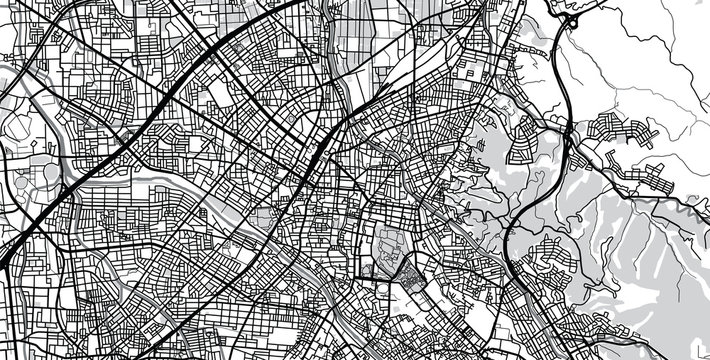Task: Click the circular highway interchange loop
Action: click(x=573, y=17)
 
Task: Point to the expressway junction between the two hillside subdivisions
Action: click(x=569, y=135)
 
